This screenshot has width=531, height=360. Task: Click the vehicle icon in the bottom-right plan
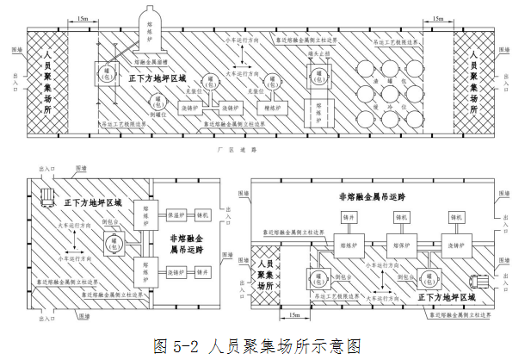pyautogui.click(x=479, y=278)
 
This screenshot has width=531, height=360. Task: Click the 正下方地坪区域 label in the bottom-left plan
pyautogui.click(x=92, y=203)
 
